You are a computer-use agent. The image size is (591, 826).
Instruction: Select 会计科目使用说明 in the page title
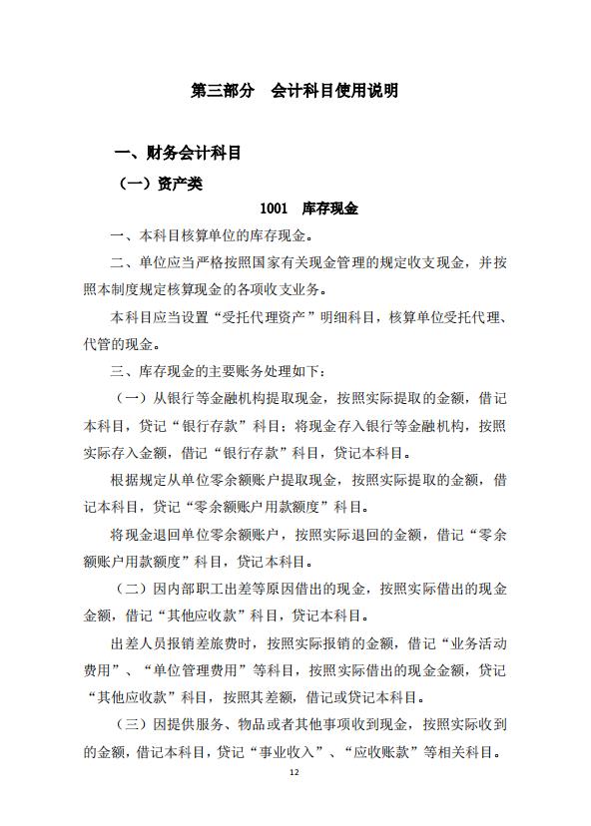(x=334, y=92)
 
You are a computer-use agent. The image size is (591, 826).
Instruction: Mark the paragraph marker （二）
(x=134, y=589)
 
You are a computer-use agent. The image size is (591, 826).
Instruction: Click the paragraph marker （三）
(x=134, y=723)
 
